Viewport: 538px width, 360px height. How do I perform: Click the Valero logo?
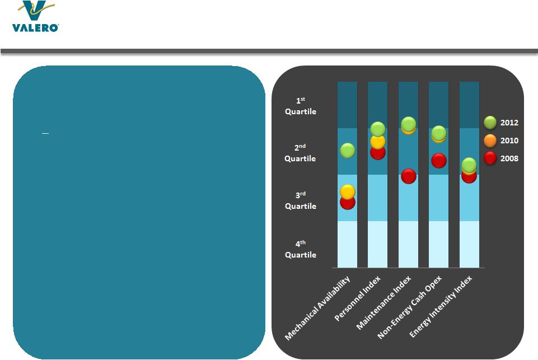coord(35,17)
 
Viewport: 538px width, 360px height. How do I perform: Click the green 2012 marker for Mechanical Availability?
coord(347,150)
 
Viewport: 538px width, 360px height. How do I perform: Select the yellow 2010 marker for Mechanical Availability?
coord(347,191)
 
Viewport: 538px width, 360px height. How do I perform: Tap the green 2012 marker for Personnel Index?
coord(378,129)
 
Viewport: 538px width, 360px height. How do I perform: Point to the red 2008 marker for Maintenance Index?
coord(409,176)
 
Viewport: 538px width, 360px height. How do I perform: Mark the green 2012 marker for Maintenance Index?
coord(409,124)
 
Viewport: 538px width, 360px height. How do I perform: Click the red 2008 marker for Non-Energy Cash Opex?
coord(439,161)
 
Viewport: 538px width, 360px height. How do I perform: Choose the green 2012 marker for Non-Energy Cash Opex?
coord(439,132)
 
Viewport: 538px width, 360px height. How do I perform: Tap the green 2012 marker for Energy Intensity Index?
coord(469,165)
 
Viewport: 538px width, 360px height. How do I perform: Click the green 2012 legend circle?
coord(490,122)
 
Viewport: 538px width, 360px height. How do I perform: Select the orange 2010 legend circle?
coord(490,141)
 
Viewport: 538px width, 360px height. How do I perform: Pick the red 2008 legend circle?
coord(490,158)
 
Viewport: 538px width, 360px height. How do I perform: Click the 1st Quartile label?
coord(300,106)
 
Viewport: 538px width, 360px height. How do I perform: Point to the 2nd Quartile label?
coord(300,153)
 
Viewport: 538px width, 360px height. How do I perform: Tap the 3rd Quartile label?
coord(300,200)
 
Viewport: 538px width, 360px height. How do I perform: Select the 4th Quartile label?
coord(300,249)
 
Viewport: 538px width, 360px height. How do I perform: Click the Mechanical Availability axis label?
coord(317,308)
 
